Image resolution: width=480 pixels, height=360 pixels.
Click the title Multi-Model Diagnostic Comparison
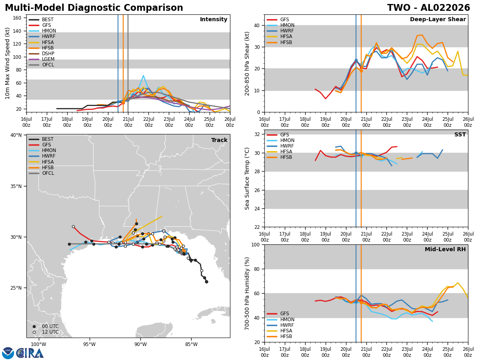click(x=94, y=8)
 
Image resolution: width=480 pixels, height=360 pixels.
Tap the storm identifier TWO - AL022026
click(x=428, y=8)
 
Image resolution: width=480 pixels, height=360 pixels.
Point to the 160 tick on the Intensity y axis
click(x=17, y=18)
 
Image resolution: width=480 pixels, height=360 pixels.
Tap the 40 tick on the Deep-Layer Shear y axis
click(x=257, y=25)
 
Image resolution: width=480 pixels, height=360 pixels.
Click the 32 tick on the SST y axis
click(x=257, y=134)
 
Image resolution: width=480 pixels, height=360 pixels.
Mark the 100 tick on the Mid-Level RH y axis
click(x=256, y=244)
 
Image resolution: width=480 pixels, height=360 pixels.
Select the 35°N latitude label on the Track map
click(x=16, y=186)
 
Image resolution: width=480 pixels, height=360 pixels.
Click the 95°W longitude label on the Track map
click(x=90, y=344)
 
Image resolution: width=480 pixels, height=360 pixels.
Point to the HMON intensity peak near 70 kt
click(x=143, y=76)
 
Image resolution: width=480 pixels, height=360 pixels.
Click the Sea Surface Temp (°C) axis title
click(x=247, y=178)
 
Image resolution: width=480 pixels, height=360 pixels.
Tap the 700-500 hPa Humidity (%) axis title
click(x=247, y=294)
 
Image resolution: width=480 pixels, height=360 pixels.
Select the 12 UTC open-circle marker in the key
click(x=34, y=332)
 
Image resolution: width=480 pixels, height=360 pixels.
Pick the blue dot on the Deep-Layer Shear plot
click(x=356, y=60)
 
